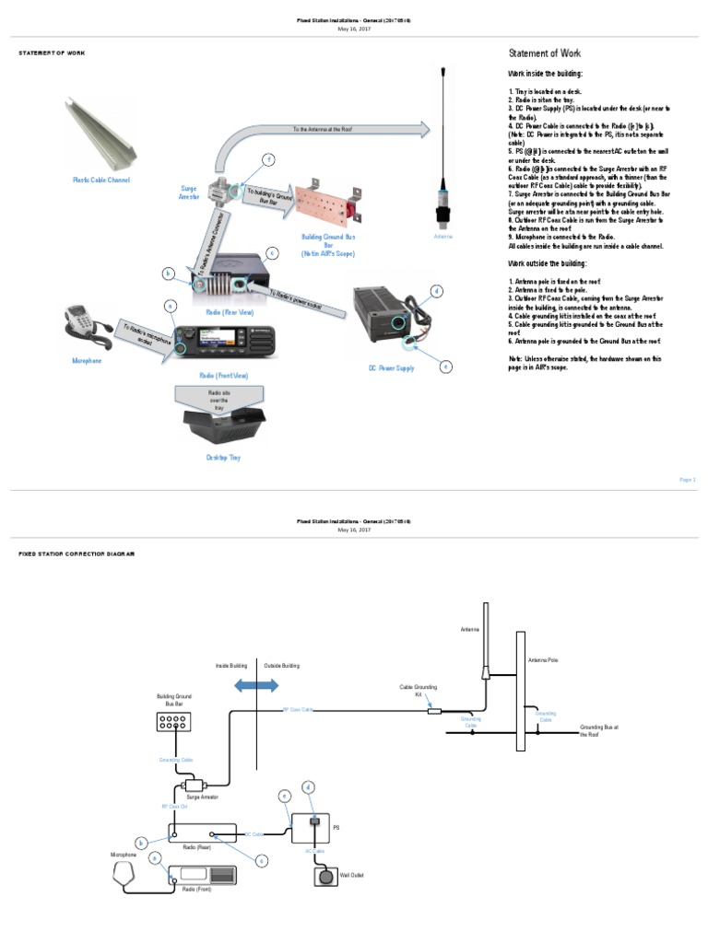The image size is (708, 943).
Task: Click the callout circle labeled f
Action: (269, 160)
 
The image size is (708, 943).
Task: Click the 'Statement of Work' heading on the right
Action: (545, 53)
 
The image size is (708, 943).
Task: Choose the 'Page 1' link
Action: (687, 480)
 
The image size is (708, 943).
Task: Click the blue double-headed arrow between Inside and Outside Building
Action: (255, 685)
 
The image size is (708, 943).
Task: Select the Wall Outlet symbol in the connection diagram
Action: (327, 876)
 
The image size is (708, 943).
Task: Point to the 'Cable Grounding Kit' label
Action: (418, 691)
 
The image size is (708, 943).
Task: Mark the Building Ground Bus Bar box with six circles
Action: (171, 722)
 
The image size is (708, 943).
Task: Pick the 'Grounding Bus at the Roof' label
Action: (598, 730)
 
